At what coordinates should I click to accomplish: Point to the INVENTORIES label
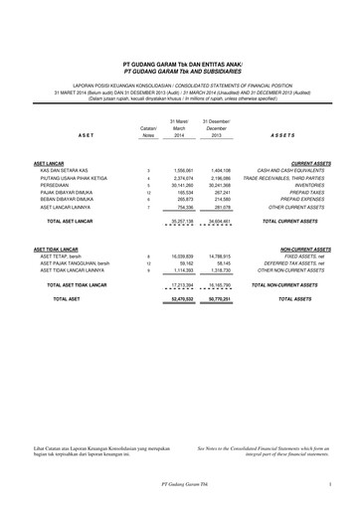pos(310,184)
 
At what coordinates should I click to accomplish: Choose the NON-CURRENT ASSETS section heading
pos(305,249)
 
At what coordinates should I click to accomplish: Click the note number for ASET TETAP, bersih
pos(147,255)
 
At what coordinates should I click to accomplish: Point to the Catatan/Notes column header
pos(147,130)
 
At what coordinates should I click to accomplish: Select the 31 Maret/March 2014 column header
pos(180,127)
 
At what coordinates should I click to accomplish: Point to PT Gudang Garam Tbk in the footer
pos(179,483)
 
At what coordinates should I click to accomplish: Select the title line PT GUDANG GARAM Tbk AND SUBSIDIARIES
pos(179,72)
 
